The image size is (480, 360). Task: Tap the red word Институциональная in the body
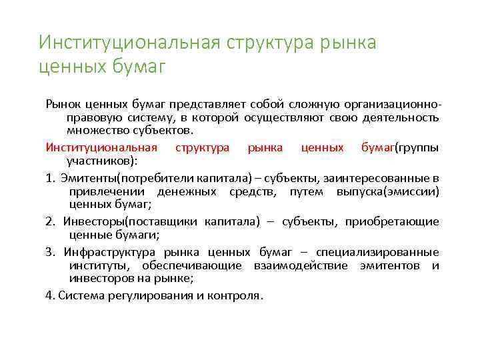[x=101, y=147]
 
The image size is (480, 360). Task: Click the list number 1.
[x=49, y=178]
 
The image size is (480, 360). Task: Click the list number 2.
[x=49, y=221]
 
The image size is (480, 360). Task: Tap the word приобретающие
[x=392, y=221]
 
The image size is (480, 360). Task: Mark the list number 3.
[x=49, y=252]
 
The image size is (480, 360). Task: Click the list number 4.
[x=49, y=295]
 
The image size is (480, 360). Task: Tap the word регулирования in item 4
[x=141, y=295]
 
